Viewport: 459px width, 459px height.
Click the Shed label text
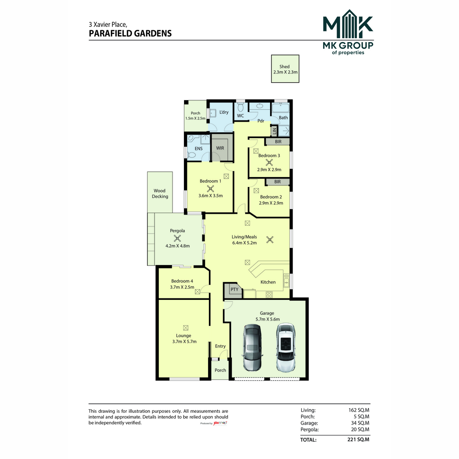(285, 67)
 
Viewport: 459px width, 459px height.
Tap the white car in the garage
(286, 348)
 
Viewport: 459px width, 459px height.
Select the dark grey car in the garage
(252, 348)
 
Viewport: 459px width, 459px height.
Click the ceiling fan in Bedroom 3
(269, 163)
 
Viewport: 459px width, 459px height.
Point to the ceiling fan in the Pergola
(177, 238)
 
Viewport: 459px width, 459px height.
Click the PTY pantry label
(234, 290)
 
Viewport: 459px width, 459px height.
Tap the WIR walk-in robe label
(220, 148)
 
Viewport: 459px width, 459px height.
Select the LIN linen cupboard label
(274, 131)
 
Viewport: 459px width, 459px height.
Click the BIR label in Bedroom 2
(277, 182)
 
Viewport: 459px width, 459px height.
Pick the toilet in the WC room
(241, 107)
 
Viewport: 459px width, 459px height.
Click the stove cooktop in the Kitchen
(269, 295)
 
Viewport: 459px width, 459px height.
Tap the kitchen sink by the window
(286, 280)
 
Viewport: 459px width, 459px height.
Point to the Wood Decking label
(160, 194)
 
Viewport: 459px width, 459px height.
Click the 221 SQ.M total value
(358, 439)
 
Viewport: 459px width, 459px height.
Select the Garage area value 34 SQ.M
(360, 423)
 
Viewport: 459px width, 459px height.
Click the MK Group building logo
(348, 24)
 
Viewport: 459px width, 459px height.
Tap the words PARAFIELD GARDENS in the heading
(130, 33)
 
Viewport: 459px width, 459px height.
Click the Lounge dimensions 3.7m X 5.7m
(184, 341)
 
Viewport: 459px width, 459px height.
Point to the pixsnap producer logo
(220, 423)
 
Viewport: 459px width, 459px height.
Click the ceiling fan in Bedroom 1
(210, 189)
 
